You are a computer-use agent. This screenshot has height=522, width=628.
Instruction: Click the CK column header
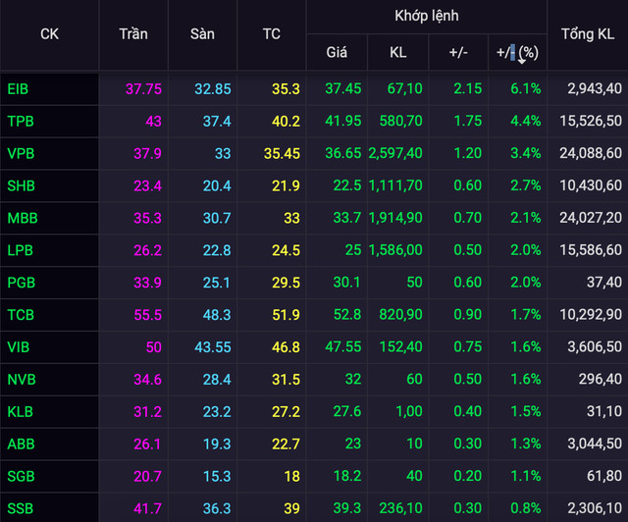coord(49,33)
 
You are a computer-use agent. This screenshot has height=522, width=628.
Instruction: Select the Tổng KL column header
coord(588,33)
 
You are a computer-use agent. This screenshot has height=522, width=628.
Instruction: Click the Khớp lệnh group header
coord(426,17)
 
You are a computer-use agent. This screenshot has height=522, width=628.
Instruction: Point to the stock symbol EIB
coord(18,88)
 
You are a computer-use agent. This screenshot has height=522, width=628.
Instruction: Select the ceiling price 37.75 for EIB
coord(143,88)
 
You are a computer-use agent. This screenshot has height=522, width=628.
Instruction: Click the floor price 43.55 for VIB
coord(213,347)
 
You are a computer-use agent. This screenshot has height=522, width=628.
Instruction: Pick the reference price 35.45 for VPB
coord(281,153)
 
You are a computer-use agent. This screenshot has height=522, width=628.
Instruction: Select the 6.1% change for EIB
coord(525,88)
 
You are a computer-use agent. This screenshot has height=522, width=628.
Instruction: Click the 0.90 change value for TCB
coord(467,315)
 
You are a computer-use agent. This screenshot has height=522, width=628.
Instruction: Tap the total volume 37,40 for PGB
coord(602,283)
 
